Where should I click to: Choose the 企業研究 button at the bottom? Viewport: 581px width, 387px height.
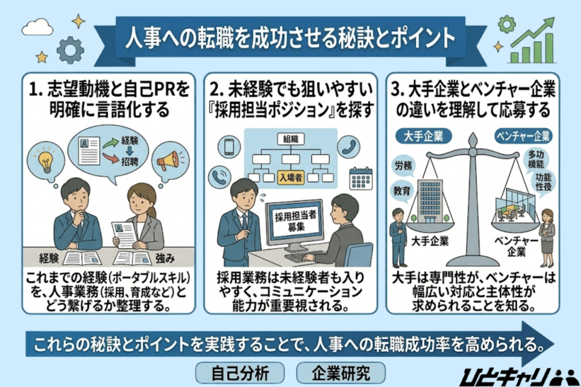[x=341, y=372]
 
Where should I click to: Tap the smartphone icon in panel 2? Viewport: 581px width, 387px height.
[x=229, y=147]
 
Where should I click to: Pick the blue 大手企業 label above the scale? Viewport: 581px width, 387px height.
[x=420, y=136]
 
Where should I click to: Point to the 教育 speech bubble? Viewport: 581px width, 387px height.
[x=402, y=192]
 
